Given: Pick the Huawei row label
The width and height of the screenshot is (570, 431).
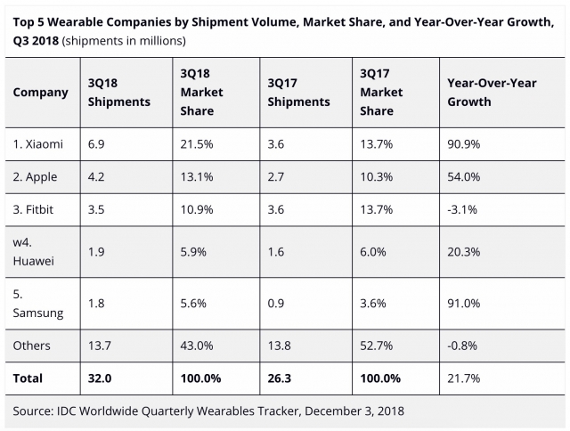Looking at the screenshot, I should [x=35, y=251].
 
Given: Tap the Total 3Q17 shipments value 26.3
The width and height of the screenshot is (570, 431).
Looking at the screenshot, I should [x=280, y=378].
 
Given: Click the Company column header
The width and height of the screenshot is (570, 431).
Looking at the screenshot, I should [x=41, y=93].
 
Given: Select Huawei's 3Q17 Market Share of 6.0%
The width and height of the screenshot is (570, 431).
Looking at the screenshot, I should [x=373, y=251].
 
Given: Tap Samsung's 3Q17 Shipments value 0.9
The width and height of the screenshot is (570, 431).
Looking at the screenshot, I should [x=277, y=303].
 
